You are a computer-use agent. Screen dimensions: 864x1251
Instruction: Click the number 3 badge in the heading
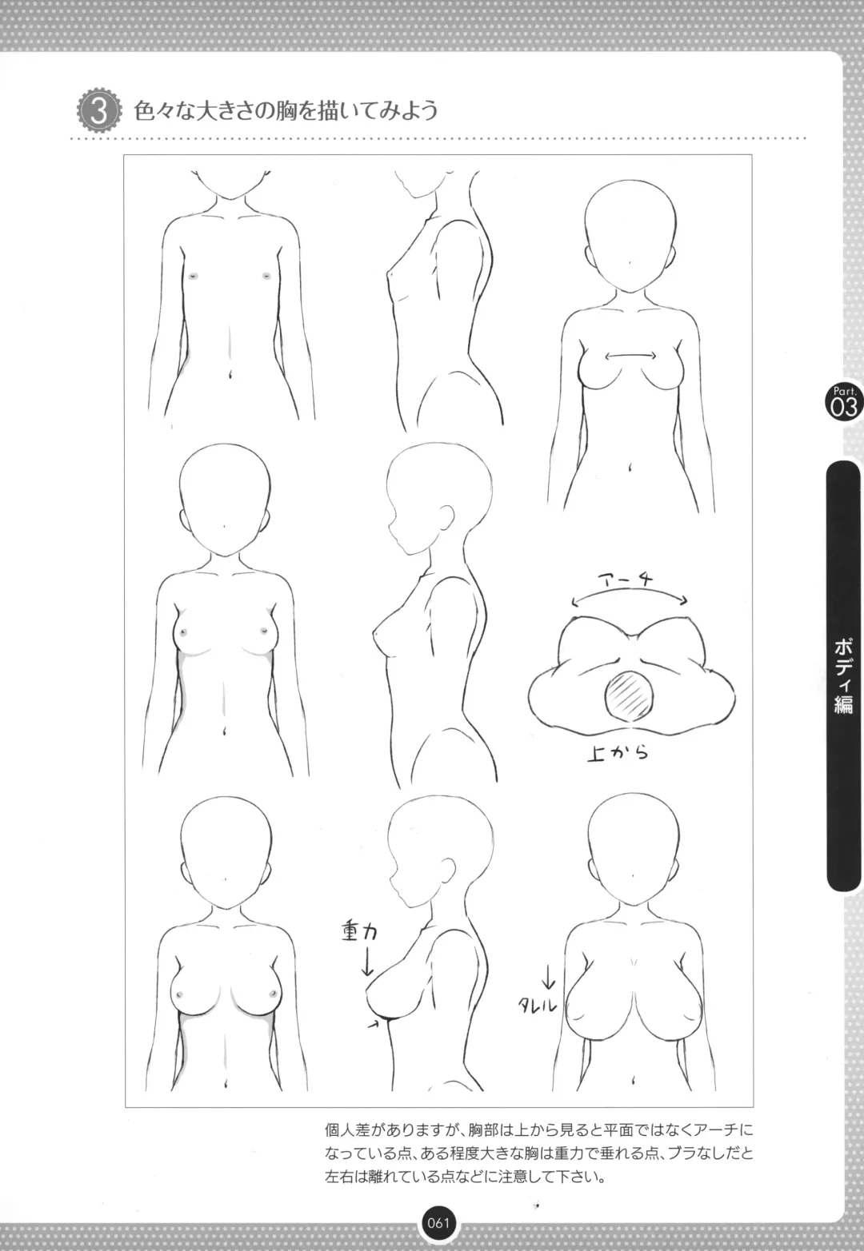[x=99, y=111]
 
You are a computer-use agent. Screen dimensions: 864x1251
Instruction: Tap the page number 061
[x=438, y=1222]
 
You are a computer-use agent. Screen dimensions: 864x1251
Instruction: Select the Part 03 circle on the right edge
[x=843, y=401]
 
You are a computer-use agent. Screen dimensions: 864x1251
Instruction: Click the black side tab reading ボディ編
[x=843, y=675]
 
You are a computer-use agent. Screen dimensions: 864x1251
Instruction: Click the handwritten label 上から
[x=618, y=754]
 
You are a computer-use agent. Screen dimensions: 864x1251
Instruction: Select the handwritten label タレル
[x=538, y=1005]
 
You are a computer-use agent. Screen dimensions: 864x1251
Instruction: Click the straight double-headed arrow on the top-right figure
[x=630, y=355]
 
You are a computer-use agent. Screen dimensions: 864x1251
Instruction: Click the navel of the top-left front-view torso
[x=230, y=373]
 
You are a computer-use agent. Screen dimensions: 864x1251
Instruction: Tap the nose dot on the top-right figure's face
[x=630, y=262]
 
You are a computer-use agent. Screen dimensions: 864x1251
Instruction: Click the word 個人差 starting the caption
[x=347, y=1131]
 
